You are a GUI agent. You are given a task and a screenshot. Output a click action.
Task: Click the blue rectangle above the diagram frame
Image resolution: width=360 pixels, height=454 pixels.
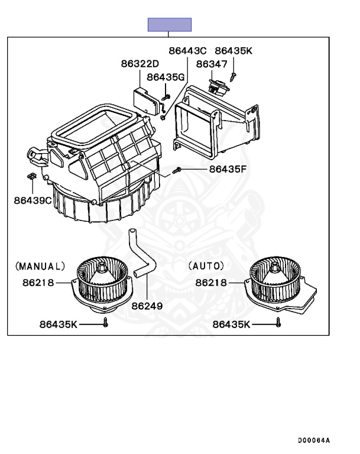[x=170, y=24]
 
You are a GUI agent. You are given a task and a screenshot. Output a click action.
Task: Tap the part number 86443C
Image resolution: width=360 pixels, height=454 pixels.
[x=187, y=51]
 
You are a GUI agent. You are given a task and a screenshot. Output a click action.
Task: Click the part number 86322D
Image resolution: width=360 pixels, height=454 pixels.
[x=140, y=64]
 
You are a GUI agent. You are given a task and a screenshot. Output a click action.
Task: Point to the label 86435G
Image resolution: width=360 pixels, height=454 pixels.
[x=166, y=77]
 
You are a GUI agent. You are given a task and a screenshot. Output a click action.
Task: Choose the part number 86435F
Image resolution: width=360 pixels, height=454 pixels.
[x=227, y=169]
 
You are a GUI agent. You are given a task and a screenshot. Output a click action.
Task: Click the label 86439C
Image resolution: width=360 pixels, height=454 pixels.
[x=33, y=200]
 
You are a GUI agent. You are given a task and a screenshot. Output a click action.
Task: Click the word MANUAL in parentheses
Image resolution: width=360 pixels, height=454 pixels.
[x=41, y=266]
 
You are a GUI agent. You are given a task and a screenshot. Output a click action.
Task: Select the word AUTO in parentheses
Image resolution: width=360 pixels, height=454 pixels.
[x=206, y=266]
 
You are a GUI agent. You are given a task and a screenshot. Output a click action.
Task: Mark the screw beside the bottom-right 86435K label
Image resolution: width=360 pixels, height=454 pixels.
[x=278, y=323]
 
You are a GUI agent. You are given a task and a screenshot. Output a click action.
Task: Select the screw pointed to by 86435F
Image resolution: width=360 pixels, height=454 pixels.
[x=176, y=171]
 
